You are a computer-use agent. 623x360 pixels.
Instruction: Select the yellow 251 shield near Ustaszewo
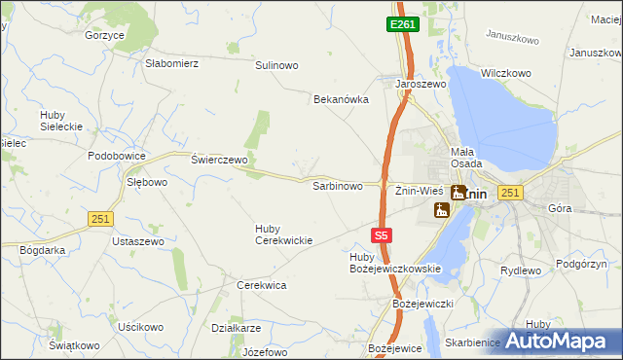pyautogui.click(x=99, y=219)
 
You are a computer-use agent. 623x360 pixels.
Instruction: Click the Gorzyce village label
pyautogui.click(x=104, y=35)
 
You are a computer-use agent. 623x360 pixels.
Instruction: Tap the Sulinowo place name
pyautogui.click(x=276, y=65)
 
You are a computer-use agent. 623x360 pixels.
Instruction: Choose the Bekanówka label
pyautogui.click(x=341, y=99)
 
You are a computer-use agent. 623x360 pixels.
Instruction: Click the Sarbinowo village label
pyautogui.click(x=337, y=185)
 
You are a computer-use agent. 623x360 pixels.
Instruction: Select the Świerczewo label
pyautogui.click(x=220, y=159)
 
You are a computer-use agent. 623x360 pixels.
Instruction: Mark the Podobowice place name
pyautogui.click(x=116, y=157)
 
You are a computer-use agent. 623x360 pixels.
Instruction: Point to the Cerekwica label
pyautogui.click(x=261, y=285)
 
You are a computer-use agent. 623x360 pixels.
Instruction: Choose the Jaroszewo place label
pyautogui.click(x=420, y=85)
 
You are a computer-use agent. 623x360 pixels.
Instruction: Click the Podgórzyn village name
pyautogui.click(x=581, y=264)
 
